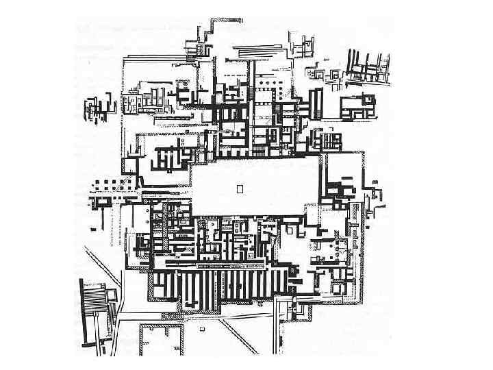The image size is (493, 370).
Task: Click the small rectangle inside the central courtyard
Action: click(x=239, y=188)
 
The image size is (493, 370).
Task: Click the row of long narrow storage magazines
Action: click(x=219, y=288)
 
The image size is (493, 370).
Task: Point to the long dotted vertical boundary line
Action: click(x=123, y=110)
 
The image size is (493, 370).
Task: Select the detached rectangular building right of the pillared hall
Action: click(x=355, y=106)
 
